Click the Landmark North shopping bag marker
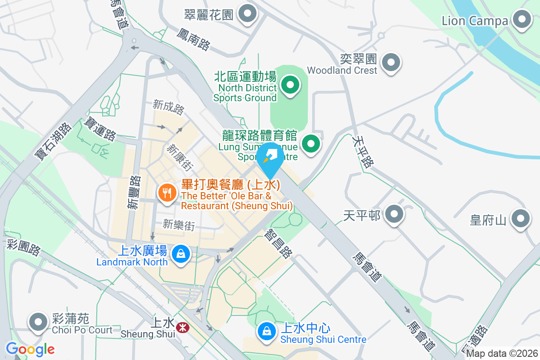(180, 253)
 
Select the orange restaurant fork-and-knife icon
(167, 193)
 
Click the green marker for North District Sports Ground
(290, 85)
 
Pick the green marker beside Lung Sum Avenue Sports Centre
(310, 144)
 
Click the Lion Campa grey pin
(522, 20)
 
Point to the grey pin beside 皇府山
(521, 219)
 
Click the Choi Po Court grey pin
(38, 322)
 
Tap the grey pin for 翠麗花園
(247, 13)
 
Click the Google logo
(30, 349)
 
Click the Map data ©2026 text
(502, 354)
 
